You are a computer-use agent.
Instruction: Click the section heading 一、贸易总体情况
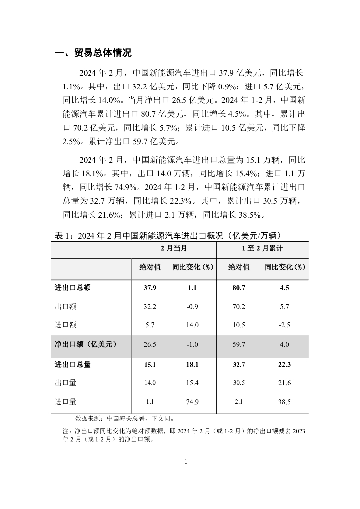[x=93, y=53]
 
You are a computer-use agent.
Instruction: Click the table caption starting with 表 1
[x=169, y=235]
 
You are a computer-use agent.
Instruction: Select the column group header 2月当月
[x=174, y=248]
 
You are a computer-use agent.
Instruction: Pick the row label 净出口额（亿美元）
[x=86, y=343]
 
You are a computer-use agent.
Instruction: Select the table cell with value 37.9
[x=150, y=287]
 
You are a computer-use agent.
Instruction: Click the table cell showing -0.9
[x=192, y=307]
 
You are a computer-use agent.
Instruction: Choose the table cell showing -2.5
[x=284, y=325]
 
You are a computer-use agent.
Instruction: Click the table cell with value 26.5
[x=150, y=344]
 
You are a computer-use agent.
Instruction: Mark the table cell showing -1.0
[x=192, y=344]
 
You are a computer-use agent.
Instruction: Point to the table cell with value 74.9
[x=192, y=402]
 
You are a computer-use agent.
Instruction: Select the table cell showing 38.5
[x=284, y=402]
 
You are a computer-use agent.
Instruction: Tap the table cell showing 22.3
[x=284, y=364]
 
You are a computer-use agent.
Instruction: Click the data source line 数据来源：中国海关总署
[x=124, y=418]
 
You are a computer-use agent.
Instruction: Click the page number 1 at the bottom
[x=185, y=462]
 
